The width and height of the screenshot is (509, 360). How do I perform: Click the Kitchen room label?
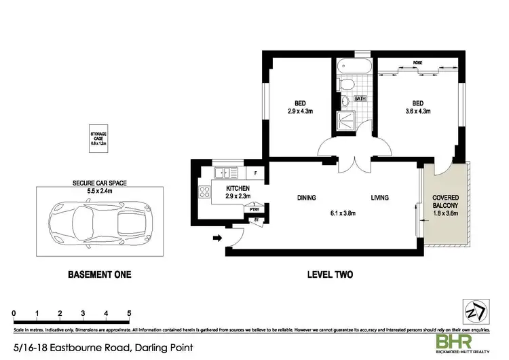pyautogui.click(x=238, y=188)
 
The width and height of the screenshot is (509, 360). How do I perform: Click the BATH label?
pyautogui.click(x=360, y=98)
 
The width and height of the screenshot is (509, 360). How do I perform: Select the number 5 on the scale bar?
pyautogui.click(x=129, y=313)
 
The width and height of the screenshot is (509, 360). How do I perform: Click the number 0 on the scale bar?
pyautogui.click(x=14, y=313)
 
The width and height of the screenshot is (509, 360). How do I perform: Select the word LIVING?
pyautogui.click(x=379, y=198)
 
